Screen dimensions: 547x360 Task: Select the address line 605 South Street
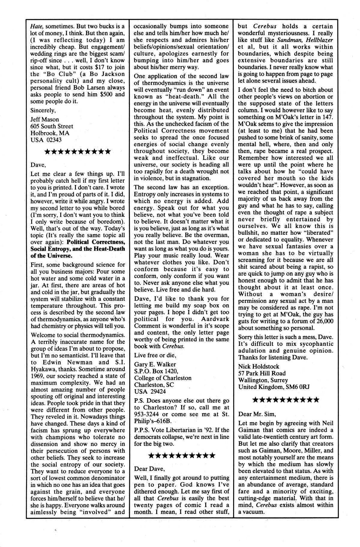click(52, 126)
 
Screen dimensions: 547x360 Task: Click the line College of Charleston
click(163, 378)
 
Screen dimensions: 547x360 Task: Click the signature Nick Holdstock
click(259, 366)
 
